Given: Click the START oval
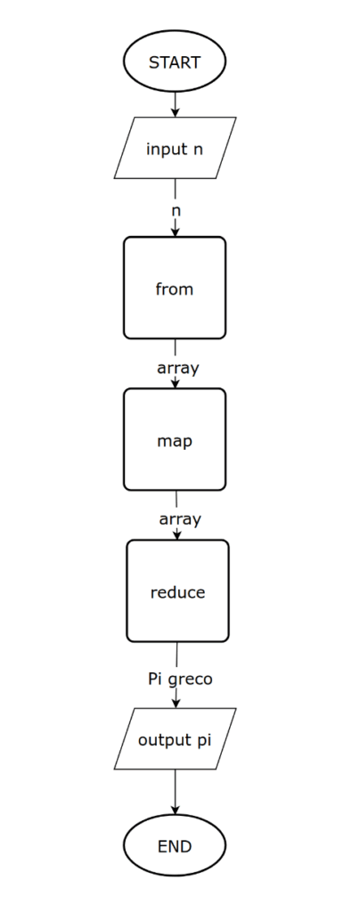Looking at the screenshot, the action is pyautogui.click(x=175, y=61).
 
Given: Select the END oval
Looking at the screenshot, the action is pyautogui.click(x=175, y=845).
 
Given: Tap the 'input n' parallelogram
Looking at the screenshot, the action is pyautogui.click(x=175, y=148).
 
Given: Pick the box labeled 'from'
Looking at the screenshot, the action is pyautogui.click(x=175, y=288).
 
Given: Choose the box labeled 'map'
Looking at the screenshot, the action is pyautogui.click(x=175, y=440).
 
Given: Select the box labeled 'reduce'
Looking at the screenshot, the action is pyautogui.click(x=177, y=591).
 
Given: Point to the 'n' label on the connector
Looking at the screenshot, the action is pyautogui.click(x=176, y=210).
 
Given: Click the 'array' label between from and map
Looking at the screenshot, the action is pyautogui.click(x=178, y=368).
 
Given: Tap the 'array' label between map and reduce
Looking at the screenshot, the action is pyautogui.click(x=180, y=519).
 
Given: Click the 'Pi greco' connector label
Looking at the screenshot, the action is pyautogui.click(x=180, y=679).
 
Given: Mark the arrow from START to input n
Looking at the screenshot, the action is pyautogui.click(x=175, y=105).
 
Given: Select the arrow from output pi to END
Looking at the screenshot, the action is pyautogui.click(x=175, y=792).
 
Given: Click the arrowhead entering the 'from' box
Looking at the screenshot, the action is pyautogui.click(x=175, y=232).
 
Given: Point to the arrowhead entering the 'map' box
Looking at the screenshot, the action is pyautogui.click(x=175, y=384).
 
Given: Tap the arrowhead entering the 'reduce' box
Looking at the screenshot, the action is pyautogui.click(x=177, y=535).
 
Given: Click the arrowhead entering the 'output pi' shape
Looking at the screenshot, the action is pyautogui.click(x=176, y=704).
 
